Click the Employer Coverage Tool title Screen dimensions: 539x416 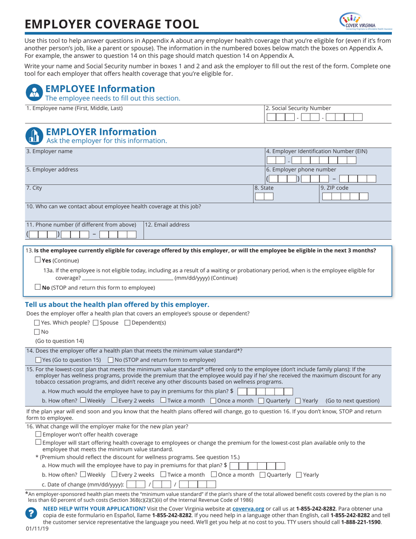pyautogui.click(x=112, y=24)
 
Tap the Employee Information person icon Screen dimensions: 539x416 pyautogui.click(x=34, y=93)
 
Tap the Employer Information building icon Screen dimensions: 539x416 pyautogui.click(x=34, y=136)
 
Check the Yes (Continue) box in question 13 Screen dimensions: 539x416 pyautogui.click(x=38, y=260)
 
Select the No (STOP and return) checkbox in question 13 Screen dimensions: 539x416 pyautogui.click(x=38, y=287)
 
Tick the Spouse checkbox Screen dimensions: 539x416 pyautogui.click(x=95, y=323)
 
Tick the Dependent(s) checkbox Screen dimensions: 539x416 pyautogui.click(x=127, y=323)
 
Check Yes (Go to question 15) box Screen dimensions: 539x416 pyautogui.click(x=38, y=360)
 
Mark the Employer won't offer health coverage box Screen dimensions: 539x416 pyautogui.click(x=38, y=434)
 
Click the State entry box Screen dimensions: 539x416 pyautogui.click(x=264, y=197)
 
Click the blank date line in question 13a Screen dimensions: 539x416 pyautogui.click(x=127, y=278)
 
